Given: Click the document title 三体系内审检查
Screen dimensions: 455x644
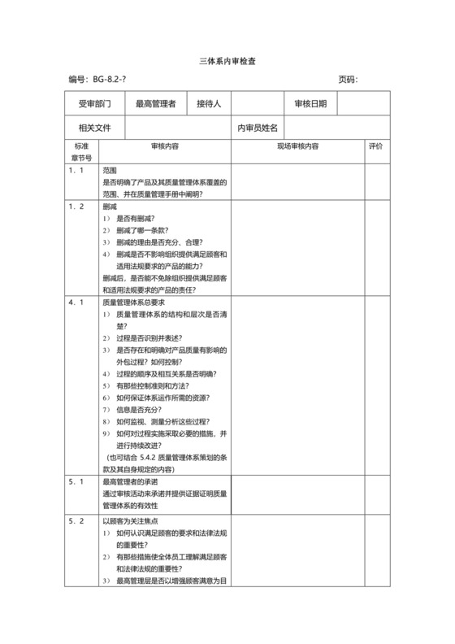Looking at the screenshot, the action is tap(227, 62).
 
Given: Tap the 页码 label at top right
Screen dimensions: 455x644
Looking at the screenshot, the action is tap(348, 80).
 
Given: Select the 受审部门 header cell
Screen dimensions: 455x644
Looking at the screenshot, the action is tap(94, 104).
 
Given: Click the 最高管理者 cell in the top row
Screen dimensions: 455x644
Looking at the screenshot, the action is tap(155, 104).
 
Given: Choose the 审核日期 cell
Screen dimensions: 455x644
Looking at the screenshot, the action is tap(310, 104).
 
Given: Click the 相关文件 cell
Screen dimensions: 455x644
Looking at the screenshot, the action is tap(94, 128).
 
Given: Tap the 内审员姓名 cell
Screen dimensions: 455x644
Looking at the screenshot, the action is tap(258, 128).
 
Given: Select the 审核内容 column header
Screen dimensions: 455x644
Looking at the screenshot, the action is tap(165, 146).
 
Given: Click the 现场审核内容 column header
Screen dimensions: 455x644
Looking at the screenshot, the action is tap(298, 146).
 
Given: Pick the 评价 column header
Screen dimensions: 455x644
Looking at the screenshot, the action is tap(375, 146).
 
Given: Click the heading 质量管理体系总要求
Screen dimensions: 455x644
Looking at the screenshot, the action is tap(136, 302).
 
